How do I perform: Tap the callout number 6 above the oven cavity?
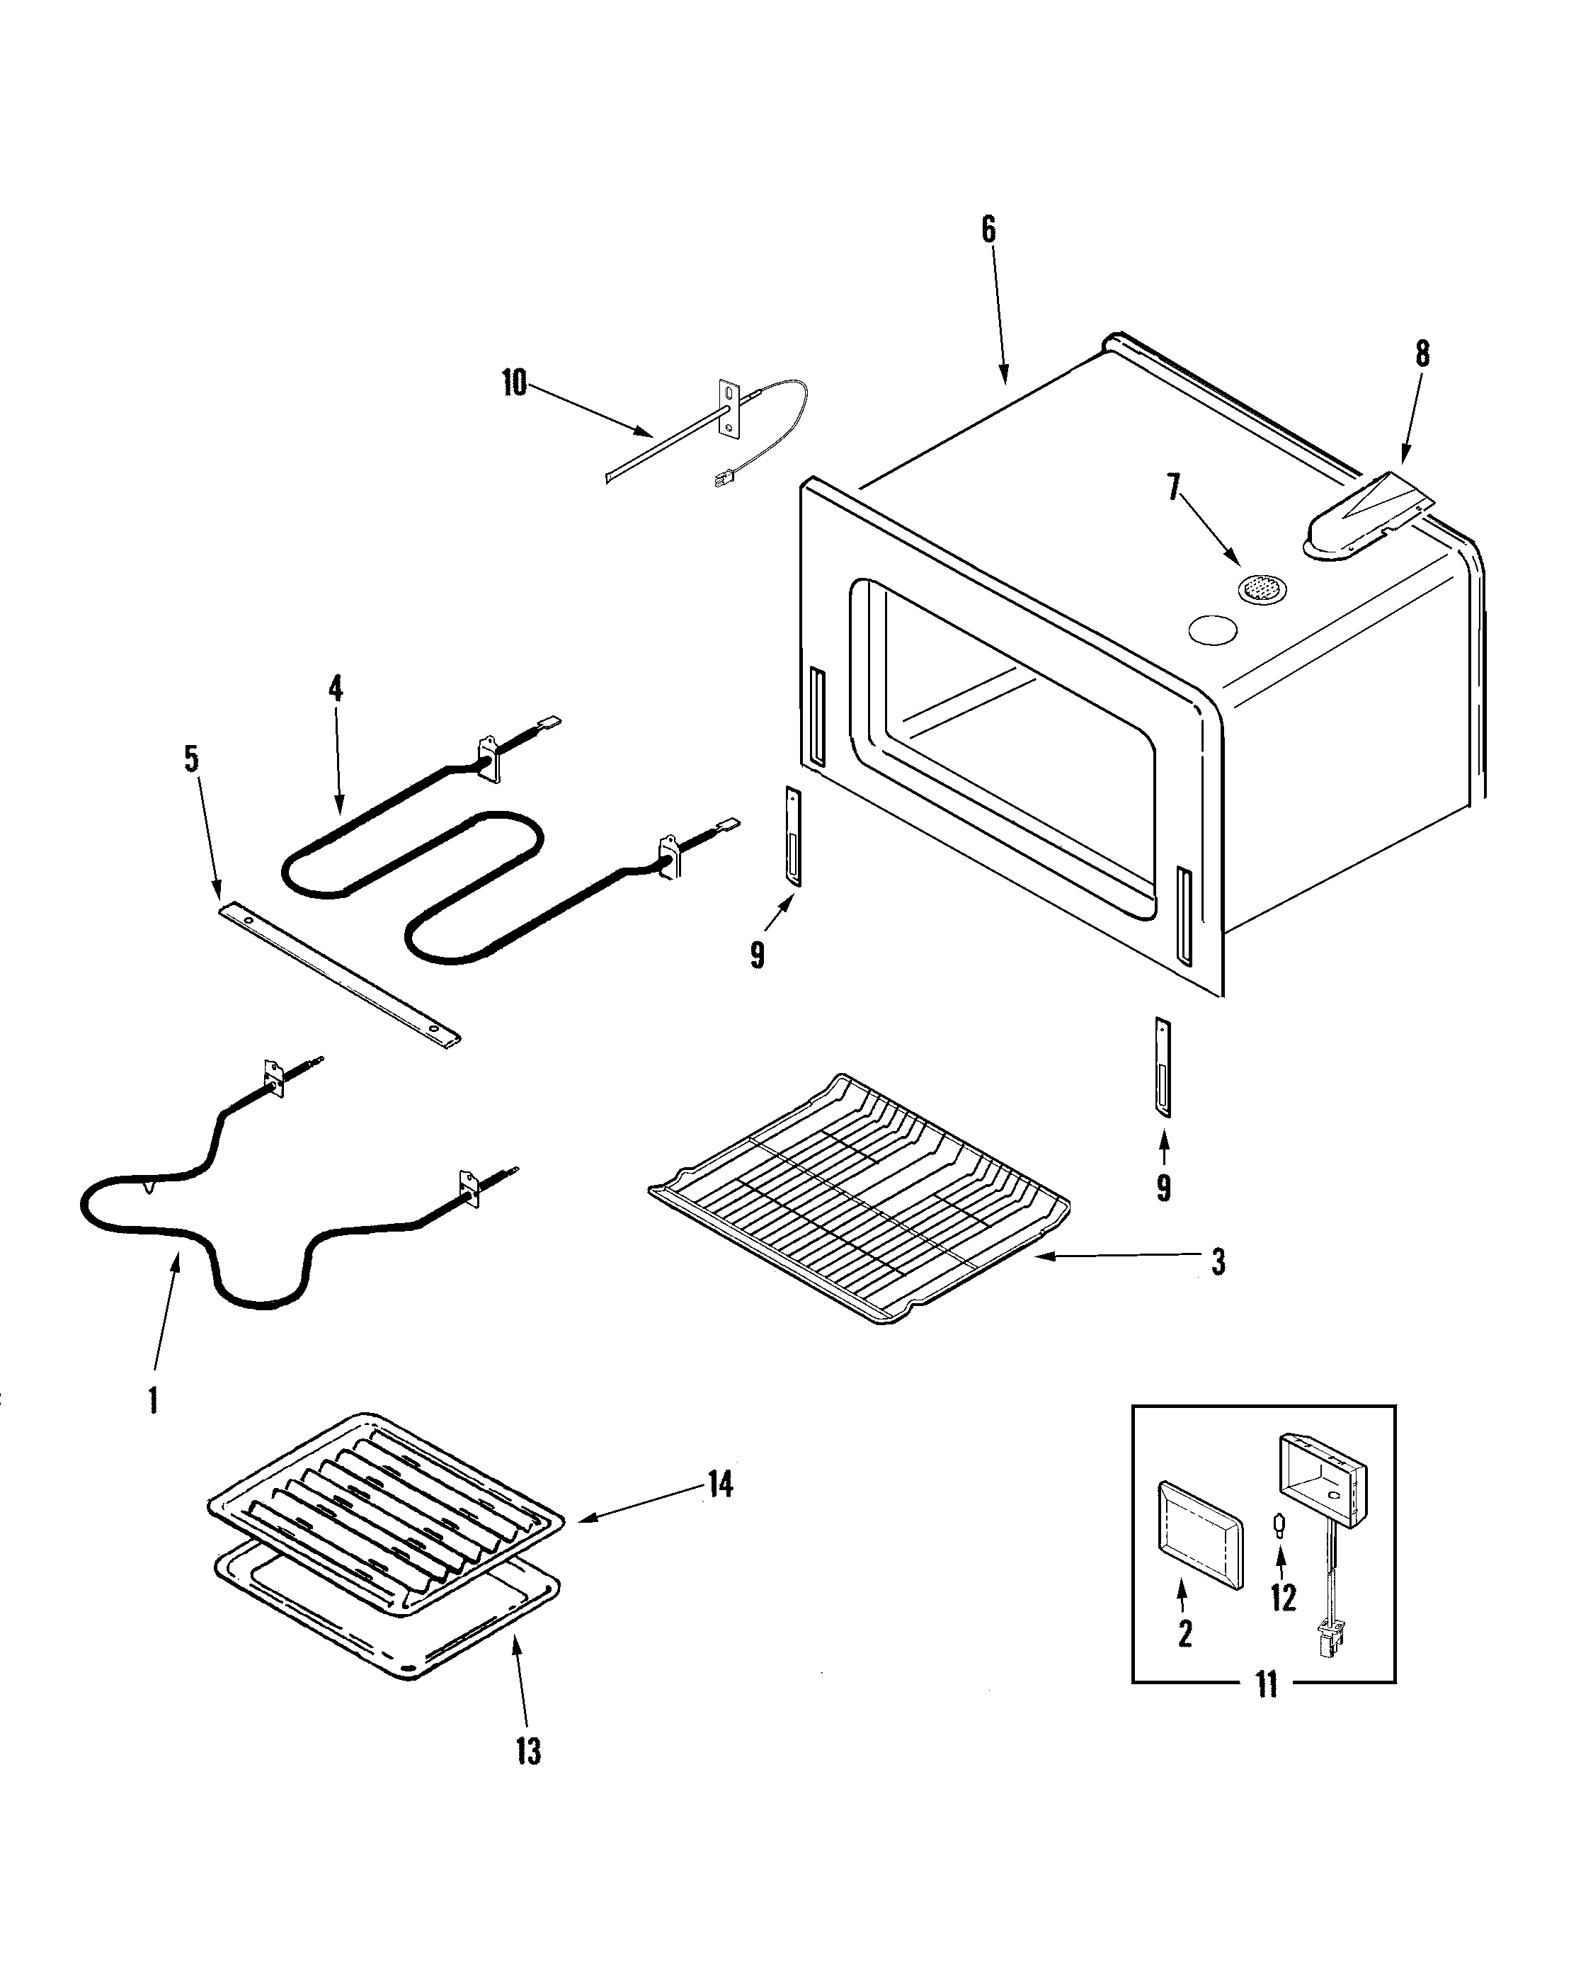click(988, 229)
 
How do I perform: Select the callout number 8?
click(1422, 353)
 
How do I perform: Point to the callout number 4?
click(336, 688)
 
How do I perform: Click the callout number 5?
click(192, 760)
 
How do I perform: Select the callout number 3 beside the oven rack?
click(1218, 1263)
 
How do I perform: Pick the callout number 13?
click(529, 1752)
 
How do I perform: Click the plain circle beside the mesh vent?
click(1212, 630)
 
